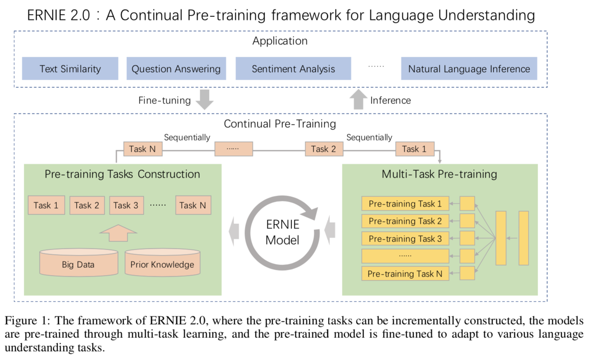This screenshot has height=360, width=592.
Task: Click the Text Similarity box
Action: click(x=70, y=68)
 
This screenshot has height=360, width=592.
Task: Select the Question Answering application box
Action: click(x=176, y=68)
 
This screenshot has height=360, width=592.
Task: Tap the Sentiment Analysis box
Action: click(x=293, y=68)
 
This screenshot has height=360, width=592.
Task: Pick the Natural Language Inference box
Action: click(x=469, y=68)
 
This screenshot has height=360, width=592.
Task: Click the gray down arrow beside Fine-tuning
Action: click(x=205, y=99)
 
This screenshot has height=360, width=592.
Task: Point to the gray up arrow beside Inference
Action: click(x=358, y=99)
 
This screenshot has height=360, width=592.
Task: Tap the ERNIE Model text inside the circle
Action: click(x=283, y=232)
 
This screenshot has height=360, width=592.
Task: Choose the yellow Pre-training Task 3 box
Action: click(x=405, y=239)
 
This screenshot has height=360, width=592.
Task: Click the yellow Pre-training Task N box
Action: click(x=405, y=273)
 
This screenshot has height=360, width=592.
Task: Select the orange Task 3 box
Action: click(x=126, y=205)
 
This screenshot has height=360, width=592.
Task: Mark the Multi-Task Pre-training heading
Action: click(x=439, y=174)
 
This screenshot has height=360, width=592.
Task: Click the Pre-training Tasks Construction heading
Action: click(x=122, y=174)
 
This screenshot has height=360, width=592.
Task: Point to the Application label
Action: click(x=280, y=41)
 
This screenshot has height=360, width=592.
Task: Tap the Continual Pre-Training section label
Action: click(x=280, y=124)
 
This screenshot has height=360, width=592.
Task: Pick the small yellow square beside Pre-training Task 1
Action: click(x=467, y=203)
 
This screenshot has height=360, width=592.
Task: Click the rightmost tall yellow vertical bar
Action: click(x=524, y=238)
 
